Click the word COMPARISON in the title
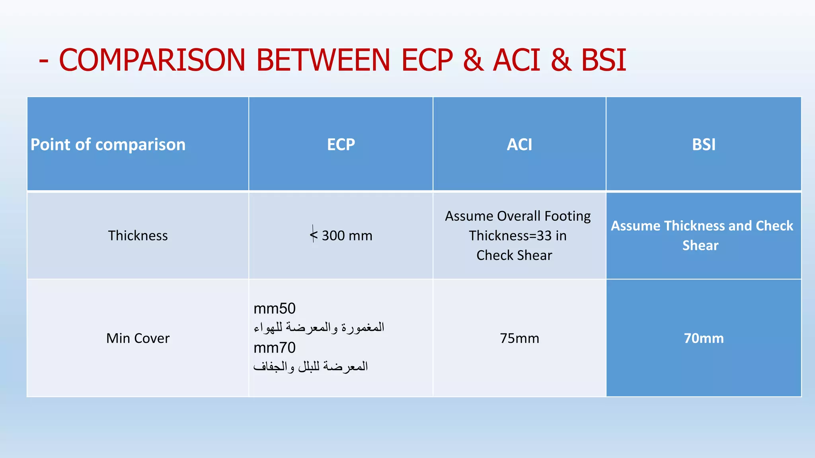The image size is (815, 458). [x=152, y=60]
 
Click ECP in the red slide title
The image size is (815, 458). [x=427, y=60]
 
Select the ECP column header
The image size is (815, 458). [x=341, y=144]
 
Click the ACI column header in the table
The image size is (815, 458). [x=519, y=144]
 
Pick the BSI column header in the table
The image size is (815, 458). [x=704, y=144]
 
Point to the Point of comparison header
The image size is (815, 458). [x=108, y=144]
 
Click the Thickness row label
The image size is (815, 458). [x=138, y=235]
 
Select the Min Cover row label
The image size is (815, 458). [x=138, y=338]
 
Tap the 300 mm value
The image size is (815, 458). [x=347, y=235]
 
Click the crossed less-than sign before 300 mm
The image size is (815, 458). [x=314, y=235]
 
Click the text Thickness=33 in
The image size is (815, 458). [x=517, y=235]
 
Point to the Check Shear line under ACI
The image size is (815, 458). [x=514, y=255]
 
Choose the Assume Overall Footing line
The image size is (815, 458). [x=518, y=216]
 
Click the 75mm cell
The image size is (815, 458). [x=519, y=338]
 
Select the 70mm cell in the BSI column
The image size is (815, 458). [x=704, y=338]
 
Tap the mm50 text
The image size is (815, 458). [x=275, y=309]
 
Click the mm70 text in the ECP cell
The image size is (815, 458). [x=275, y=348]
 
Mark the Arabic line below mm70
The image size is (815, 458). [x=310, y=366]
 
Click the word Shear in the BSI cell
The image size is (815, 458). [x=700, y=245]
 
